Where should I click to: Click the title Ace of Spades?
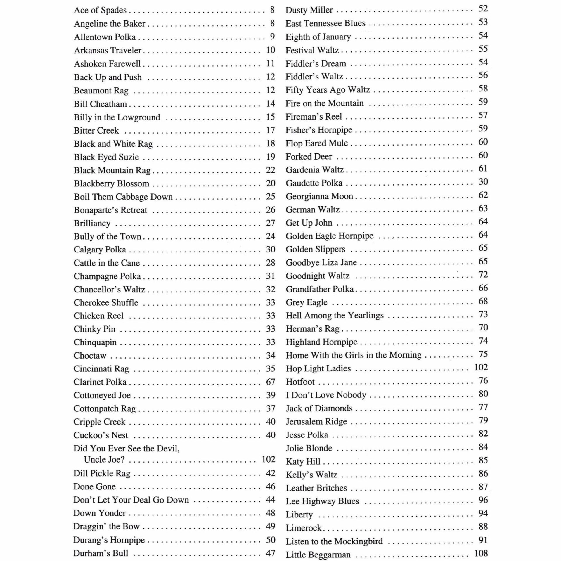point(100,10)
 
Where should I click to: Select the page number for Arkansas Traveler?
point(271,50)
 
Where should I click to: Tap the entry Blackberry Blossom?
point(111,183)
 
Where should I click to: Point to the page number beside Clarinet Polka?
point(271,382)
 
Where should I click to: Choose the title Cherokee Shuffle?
point(106,302)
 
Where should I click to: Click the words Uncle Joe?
point(104,460)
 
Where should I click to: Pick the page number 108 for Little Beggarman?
point(481,553)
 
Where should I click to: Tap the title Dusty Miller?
point(309,10)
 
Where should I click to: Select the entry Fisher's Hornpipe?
point(319,130)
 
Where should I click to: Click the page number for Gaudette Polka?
point(483,182)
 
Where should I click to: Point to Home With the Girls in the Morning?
point(353,355)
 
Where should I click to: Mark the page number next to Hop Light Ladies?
point(481,367)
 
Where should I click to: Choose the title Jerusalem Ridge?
point(316,421)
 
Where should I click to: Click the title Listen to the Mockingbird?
point(334,541)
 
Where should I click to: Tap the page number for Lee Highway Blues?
point(483,500)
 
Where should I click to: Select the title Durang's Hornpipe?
point(109,540)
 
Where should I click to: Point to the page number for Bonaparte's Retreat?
point(271,210)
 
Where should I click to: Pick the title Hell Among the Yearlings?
point(335,315)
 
